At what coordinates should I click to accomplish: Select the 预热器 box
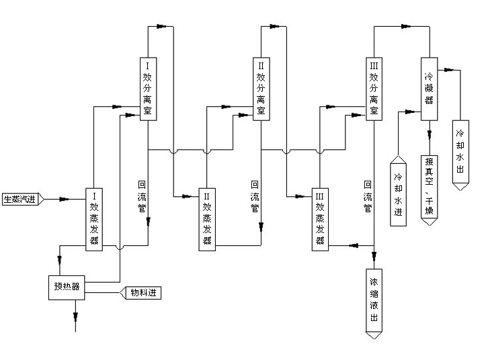click(67, 287)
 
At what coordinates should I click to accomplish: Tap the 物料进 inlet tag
click(141, 293)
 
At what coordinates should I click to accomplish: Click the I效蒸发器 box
click(94, 218)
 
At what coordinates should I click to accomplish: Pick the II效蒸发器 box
click(206, 218)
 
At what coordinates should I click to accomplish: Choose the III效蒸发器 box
click(319, 218)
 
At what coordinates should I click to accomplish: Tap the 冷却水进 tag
click(398, 191)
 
